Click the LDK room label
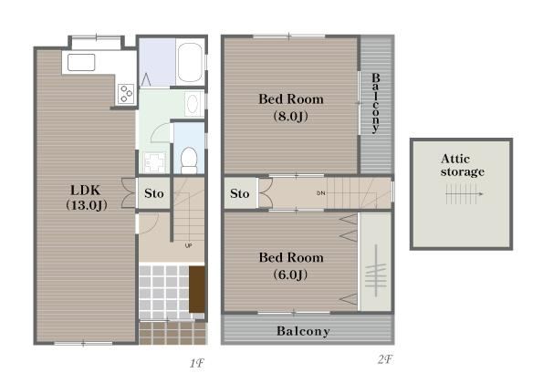coord(86,198)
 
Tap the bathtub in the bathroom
coord(190,62)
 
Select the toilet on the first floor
coord(189,160)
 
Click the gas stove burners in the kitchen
coord(125,93)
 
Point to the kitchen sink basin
coord(81,62)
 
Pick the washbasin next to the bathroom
coord(193,103)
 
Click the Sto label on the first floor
coord(153,193)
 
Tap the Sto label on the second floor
coord(240,193)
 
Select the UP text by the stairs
coord(188,245)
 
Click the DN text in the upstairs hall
coord(321,193)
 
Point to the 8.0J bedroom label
coord(291,108)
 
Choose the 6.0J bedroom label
coord(291,265)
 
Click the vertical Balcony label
coord(375,103)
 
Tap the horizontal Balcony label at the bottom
coord(303,331)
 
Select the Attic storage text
coord(462,165)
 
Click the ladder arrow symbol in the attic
coord(464,193)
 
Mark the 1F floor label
coord(197,363)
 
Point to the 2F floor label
coord(385,360)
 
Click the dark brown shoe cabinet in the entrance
coord(197,289)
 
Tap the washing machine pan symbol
coord(154,162)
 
